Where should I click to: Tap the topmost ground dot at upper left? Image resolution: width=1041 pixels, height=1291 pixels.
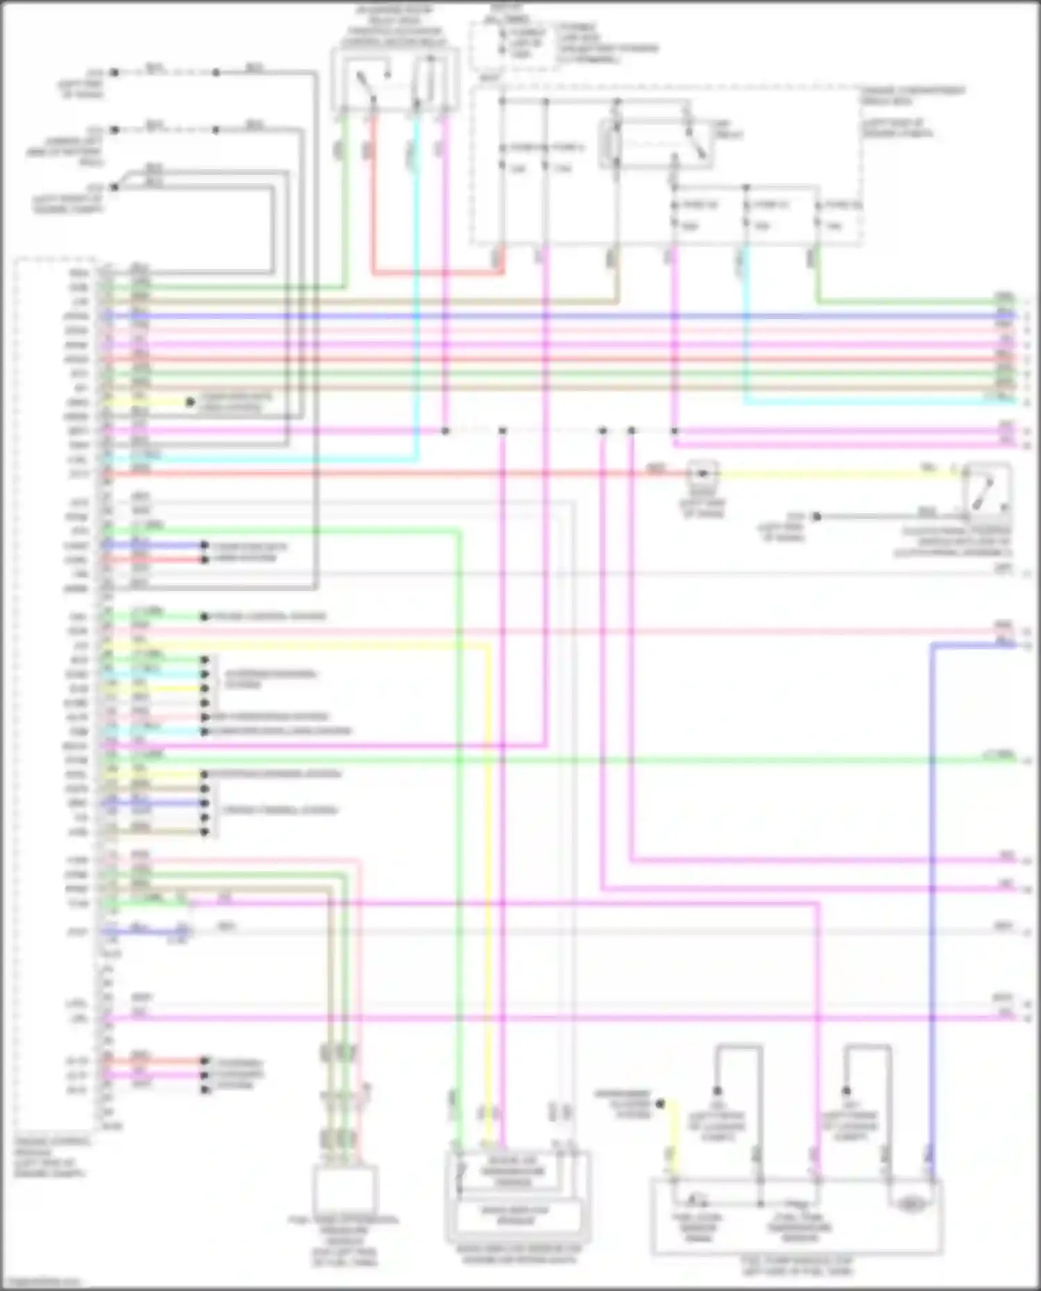(115, 72)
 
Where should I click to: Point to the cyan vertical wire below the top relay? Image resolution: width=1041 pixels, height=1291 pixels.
(417, 277)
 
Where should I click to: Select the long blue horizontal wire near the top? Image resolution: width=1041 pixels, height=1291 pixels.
(555, 316)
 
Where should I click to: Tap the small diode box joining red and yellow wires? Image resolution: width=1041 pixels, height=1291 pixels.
(702, 474)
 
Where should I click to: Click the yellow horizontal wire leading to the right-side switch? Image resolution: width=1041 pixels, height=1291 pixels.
(833, 474)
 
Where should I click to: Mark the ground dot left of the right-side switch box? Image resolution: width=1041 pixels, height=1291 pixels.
(817, 516)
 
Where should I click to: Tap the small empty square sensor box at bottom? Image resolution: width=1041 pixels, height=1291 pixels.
(345, 1188)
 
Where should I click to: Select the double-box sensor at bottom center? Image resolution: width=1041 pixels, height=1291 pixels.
(516, 1195)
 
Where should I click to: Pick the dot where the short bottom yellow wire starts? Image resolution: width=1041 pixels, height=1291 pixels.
(661, 1103)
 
